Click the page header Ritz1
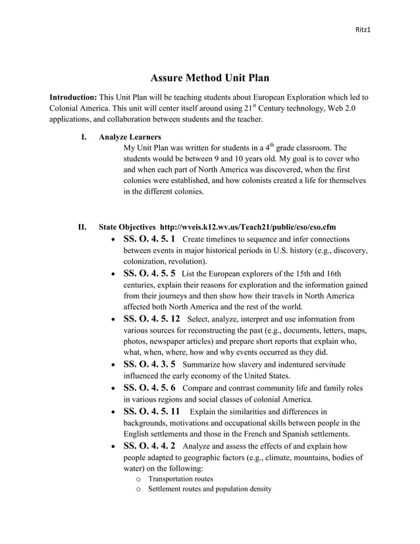click(363, 30)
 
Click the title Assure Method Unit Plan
click(210, 78)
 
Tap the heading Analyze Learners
click(130, 137)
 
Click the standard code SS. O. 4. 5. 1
click(149, 239)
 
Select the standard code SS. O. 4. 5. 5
click(149, 273)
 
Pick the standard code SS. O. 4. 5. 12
click(152, 319)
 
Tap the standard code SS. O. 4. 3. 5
click(149, 364)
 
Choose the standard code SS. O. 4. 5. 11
click(152, 411)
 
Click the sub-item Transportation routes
click(180, 479)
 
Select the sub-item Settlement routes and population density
click(209, 489)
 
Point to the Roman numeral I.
click(84, 137)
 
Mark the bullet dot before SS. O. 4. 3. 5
click(115, 364)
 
